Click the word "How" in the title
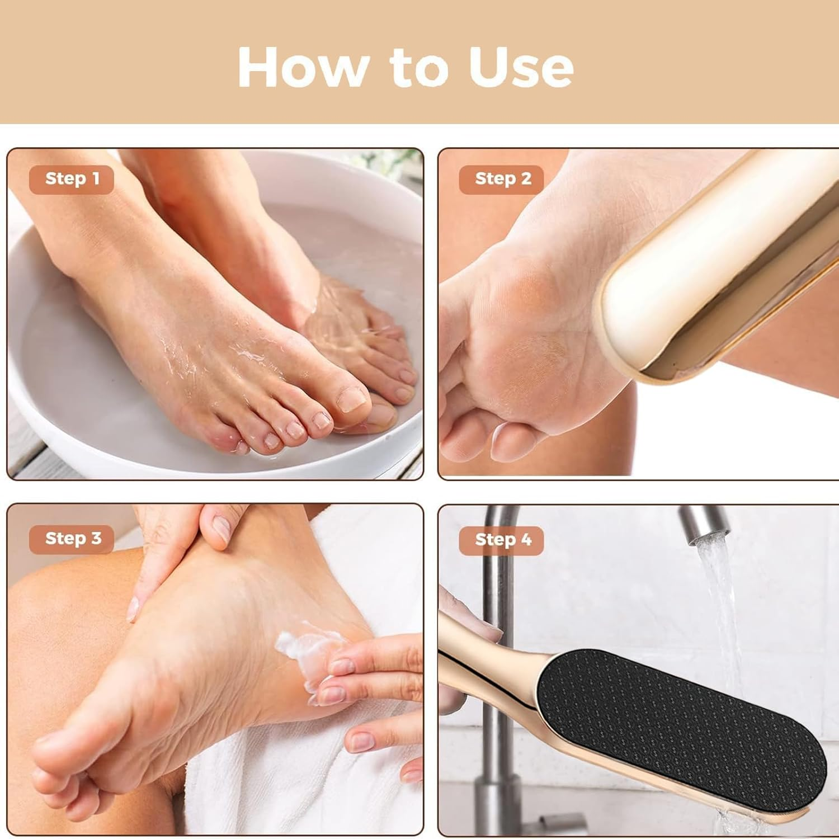click(x=302, y=67)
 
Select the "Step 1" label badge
click(x=72, y=179)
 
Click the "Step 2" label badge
click(x=502, y=179)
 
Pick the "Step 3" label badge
click(x=73, y=539)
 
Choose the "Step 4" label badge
click(x=502, y=540)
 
